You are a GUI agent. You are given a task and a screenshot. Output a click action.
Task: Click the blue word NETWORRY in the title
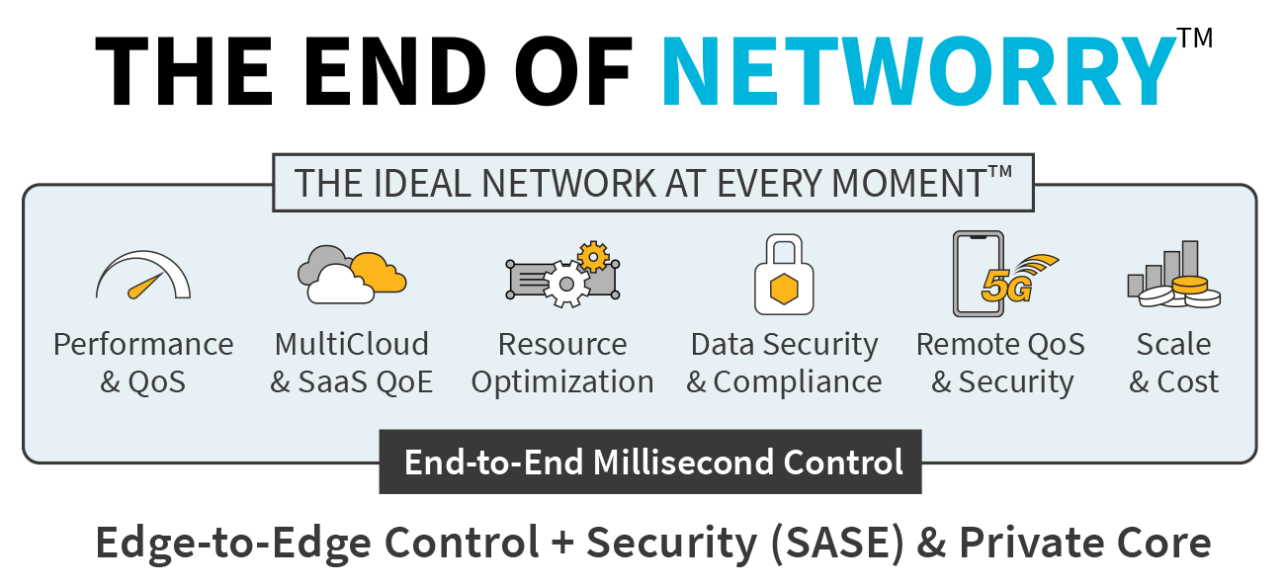pyautogui.click(x=919, y=71)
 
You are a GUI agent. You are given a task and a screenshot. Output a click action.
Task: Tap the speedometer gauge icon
pyautogui.click(x=143, y=276)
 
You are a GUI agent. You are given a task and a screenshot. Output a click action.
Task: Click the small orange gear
pyautogui.click(x=593, y=256)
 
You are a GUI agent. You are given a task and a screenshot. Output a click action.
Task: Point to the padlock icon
pyautogui.click(x=784, y=274)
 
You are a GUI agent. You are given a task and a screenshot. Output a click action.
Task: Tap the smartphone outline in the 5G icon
pyautogui.click(x=979, y=274)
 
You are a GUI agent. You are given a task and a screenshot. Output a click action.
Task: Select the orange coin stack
pyautogui.click(x=1190, y=286)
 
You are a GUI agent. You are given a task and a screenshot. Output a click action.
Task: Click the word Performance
pyautogui.click(x=143, y=344)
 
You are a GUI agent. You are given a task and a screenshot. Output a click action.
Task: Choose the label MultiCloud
pyautogui.click(x=352, y=344)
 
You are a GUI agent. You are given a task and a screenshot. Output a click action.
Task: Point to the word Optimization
pyautogui.click(x=562, y=382)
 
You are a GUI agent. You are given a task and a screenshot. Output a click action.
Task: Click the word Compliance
pyautogui.click(x=798, y=382)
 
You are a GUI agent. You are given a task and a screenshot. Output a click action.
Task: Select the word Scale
pyautogui.click(x=1173, y=344)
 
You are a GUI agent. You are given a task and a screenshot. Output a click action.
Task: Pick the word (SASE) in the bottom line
pyautogui.click(x=837, y=543)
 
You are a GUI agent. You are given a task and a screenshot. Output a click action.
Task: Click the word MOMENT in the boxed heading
pyautogui.click(x=908, y=184)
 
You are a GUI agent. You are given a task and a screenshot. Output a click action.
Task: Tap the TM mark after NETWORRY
pyautogui.click(x=1195, y=38)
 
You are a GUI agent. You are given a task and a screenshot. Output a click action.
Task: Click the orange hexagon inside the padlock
pyautogui.click(x=784, y=289)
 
